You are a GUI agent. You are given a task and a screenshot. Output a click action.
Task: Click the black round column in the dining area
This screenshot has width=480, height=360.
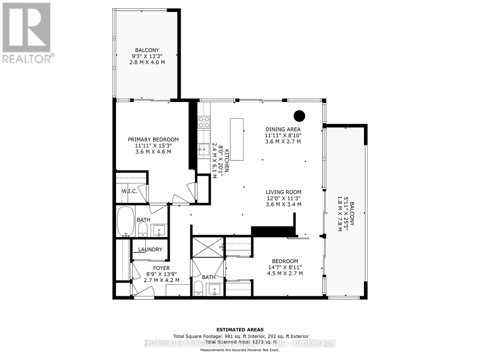point(299,116)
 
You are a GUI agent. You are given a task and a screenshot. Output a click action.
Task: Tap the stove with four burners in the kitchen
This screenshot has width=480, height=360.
point(204,122)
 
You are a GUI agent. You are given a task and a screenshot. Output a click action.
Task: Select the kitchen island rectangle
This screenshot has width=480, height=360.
point(237,139)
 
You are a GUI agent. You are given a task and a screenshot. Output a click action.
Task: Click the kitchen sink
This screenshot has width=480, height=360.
point(204,149)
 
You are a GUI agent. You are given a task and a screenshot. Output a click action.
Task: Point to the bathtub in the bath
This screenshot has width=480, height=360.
point(126,220)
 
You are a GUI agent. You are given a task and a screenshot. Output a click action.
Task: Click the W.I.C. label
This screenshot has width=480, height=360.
point(129,191)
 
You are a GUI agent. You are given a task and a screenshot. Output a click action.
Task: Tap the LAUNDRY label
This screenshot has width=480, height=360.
point(150,249)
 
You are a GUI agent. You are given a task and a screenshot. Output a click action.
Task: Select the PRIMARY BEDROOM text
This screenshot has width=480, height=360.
point(153,139)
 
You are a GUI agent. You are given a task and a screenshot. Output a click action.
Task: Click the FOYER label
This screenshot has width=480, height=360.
point(161,268)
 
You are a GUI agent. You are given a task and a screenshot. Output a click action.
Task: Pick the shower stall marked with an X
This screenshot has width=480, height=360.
point(208,247)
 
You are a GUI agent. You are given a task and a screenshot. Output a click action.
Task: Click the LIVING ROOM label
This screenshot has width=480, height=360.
point(283,192)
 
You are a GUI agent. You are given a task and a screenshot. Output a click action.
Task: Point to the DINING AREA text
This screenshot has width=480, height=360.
point(283,129)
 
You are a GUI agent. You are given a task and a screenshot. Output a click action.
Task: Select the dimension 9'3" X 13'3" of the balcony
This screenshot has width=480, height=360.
point(147,56)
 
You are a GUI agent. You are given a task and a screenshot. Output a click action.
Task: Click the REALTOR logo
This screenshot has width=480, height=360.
point(27,33)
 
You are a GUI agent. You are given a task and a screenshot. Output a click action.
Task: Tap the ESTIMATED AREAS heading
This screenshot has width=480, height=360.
point(240,330)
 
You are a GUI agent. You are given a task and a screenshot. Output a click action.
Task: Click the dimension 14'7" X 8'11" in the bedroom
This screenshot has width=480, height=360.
point(285,267)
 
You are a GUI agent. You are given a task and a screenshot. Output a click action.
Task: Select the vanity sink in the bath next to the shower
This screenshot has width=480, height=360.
point(214,290)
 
